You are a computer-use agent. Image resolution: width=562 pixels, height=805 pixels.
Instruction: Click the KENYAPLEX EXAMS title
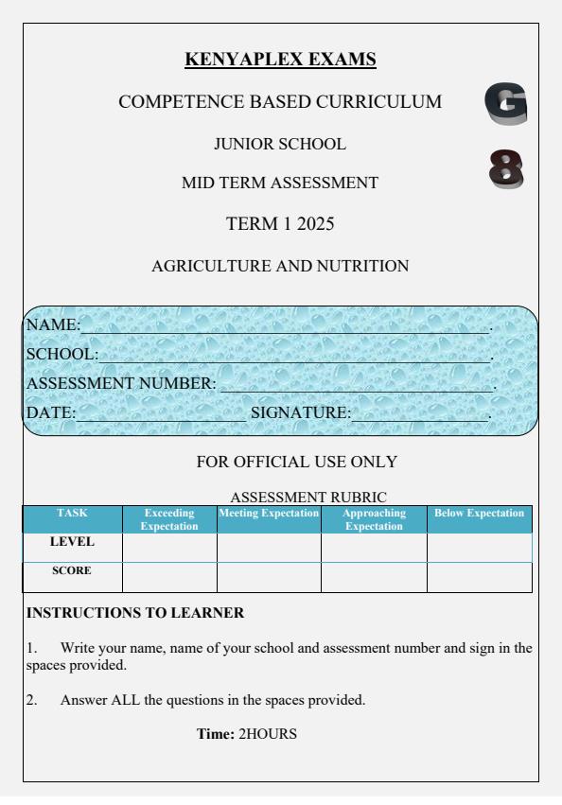click(281, 61)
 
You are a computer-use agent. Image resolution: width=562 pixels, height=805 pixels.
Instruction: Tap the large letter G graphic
click(505, 105)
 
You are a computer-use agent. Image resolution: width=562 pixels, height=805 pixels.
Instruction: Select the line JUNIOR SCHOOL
click(281, 145)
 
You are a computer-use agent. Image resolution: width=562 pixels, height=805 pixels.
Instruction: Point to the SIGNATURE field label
click(300, 412)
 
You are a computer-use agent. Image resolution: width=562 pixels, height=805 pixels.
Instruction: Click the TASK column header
click(72, 513)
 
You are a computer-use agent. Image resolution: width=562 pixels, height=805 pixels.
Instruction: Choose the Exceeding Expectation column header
click(169, 518)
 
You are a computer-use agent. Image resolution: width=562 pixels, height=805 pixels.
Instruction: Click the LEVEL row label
click(72, 543)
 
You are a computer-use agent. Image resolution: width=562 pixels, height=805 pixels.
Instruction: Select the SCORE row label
click(72, 572)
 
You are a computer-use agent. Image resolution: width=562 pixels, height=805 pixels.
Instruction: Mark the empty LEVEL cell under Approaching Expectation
click(374, 547)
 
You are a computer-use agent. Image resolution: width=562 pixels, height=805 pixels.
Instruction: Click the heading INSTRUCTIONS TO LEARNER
click(135, 613)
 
